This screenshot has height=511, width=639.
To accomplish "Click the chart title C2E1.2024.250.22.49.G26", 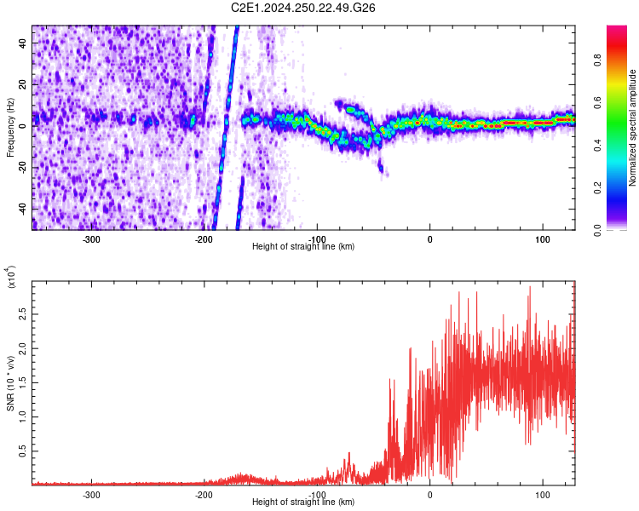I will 304,8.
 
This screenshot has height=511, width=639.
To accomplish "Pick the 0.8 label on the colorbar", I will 621,60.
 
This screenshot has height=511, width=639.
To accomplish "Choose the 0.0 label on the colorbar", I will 621,228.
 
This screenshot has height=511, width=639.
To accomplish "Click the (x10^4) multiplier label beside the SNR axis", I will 11,278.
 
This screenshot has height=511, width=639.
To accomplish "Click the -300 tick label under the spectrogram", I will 91,238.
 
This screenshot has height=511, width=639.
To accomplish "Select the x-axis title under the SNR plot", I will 303,502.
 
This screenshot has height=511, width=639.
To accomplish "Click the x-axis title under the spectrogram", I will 303,246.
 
